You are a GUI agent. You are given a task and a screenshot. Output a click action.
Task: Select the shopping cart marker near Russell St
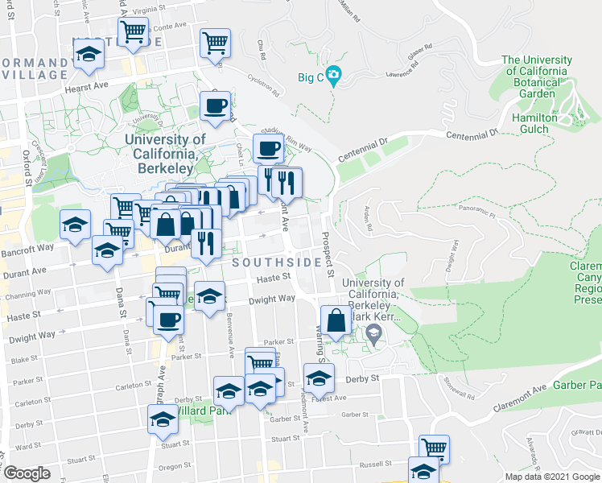pos(434,448)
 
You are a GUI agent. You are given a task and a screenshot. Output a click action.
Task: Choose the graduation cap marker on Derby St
pos(319,377)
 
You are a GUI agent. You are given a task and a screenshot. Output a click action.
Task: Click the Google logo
pos(27,473)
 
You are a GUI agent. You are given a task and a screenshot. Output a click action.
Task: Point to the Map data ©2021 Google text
pos(552,477)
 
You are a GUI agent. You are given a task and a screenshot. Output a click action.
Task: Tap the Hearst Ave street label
pos(87,85)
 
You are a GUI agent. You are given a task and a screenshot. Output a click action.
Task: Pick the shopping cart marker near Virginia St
pos(134,32)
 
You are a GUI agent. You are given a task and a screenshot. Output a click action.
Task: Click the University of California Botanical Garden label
pos(537,76)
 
